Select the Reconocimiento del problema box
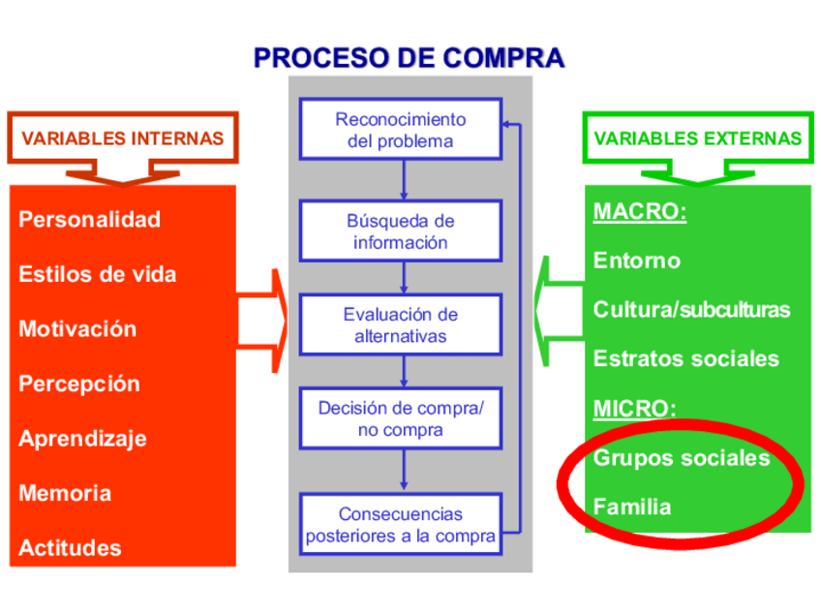(400, 130)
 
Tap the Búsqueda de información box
(400, 231)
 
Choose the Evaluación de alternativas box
(400, 325)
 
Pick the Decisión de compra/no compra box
(400, 418)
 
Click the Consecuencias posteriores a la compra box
(400, 524)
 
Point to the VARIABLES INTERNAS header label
(122, 139)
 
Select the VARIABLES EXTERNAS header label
(697, 139)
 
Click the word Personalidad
(89, 220)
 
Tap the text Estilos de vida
(97, 274)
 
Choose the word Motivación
(77, 329)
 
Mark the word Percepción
(78, 384)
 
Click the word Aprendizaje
(82, 439)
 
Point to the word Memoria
(65, 493)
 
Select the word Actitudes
(70, 548)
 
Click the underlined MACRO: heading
(639, 212)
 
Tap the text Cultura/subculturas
(691, 310)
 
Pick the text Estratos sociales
(685, 358)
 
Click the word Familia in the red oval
(631, 507)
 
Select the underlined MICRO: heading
(634, 408)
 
